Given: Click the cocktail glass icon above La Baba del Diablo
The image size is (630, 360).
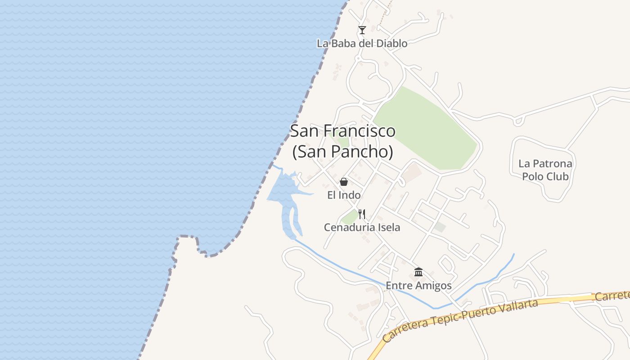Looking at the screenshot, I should pos(362,30).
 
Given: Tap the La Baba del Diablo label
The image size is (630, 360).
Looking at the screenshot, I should pos(362,44).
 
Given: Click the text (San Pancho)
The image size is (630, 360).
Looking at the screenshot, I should pos(343,152).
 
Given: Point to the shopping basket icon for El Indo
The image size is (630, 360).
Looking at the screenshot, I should pos(344,182).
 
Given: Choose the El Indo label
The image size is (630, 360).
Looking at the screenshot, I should pos(344,195).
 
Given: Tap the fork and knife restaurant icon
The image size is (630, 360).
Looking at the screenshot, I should pos(361,214).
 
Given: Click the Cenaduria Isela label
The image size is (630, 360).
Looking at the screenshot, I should pos(362,228).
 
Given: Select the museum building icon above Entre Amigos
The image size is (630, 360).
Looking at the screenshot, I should pos(418,272).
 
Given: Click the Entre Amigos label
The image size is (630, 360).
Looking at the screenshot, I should pos(418,286).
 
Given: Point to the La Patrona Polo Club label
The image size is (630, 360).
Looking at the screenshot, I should pos(545,170).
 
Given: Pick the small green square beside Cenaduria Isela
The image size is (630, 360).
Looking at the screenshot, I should pos(349,218).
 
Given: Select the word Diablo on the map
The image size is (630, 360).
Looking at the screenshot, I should pos(391,44).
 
